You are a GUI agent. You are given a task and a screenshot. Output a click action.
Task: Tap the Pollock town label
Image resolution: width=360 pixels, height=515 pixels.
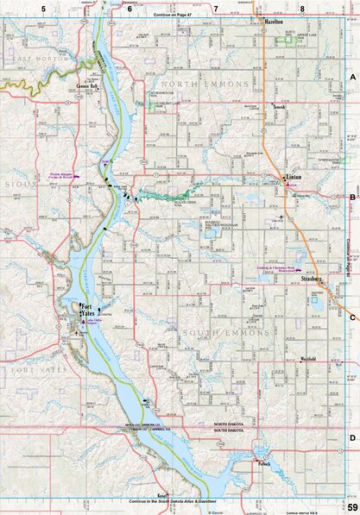tap(263, 464)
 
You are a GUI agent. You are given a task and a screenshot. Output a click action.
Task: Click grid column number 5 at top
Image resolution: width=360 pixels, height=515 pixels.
tap(31, 9)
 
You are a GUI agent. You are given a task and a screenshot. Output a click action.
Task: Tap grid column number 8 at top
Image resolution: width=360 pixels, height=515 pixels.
tap(302, 9)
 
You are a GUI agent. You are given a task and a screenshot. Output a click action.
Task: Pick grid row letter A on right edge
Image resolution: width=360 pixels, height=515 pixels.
tap(352, 78)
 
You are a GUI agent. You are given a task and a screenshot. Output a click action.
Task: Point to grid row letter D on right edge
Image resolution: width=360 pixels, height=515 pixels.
tap(352, 437)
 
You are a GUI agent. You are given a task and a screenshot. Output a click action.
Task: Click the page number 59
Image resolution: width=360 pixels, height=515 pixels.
tap(352, 506)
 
